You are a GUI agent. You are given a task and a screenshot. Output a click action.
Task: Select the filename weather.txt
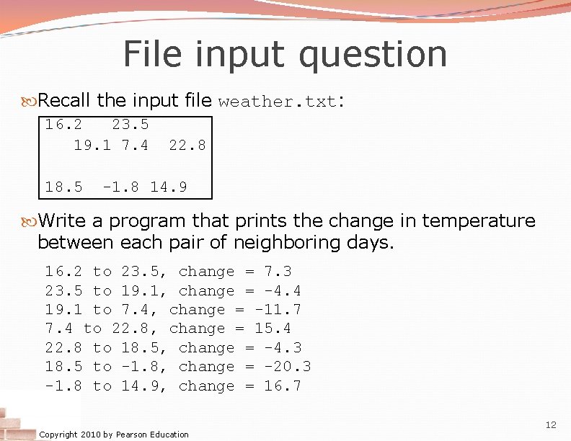(278, 102)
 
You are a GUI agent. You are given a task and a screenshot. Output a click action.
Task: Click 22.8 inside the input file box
(187, 145)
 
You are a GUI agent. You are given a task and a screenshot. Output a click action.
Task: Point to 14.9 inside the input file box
(169, 187)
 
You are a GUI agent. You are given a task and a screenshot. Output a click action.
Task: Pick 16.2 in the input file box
(63, 124)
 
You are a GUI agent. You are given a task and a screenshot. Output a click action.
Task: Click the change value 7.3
(278, 272)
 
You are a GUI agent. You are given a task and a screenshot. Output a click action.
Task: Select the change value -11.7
(278, 310)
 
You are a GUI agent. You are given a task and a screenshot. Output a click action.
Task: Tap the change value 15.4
(273, 329)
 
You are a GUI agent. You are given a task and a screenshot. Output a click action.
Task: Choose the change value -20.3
(287, 367)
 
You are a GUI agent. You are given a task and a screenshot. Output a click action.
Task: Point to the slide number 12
(552, 426)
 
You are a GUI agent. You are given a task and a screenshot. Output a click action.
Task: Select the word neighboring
(269, 242)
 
